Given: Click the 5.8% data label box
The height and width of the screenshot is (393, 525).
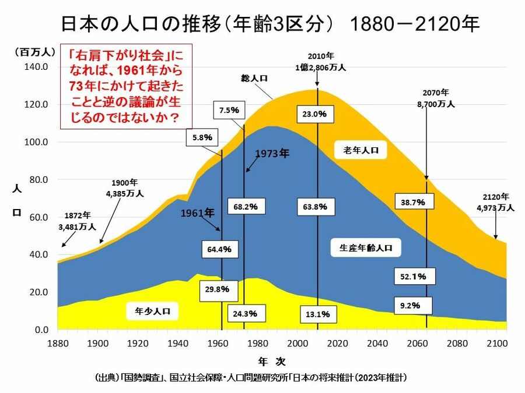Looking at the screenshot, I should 202,138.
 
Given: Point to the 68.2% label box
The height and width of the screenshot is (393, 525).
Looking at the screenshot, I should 245,206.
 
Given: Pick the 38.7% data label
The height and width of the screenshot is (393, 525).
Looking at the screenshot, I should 413,202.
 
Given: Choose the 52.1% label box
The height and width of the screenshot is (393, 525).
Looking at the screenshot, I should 414,276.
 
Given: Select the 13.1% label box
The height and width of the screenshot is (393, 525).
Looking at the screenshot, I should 318,314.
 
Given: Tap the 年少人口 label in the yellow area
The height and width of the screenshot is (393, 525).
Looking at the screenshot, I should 152,310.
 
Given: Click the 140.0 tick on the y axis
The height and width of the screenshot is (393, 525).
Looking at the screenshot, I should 34,67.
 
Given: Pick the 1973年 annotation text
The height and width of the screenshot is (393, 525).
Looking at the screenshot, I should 272,154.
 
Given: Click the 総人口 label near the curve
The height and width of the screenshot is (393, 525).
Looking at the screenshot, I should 254,77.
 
